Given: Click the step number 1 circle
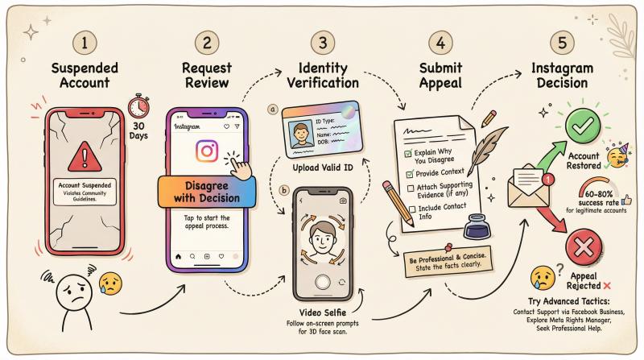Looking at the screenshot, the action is [x=85, y=43].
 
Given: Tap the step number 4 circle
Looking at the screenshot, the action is [x=440, y=43].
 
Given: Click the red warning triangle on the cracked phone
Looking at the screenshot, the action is [x=85, y=156].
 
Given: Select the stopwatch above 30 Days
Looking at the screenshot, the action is [x=138, y=106].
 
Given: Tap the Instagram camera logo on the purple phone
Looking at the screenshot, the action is [x=207, y=151].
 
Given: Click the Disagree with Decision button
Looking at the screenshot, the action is [x=207, y=192].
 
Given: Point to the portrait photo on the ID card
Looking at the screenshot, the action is [x=301, y=134].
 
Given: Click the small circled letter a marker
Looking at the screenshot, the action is [x=273, y=110].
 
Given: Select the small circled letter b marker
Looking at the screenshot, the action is [x=284, y=190].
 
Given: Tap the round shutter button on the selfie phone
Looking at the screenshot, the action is [x=323, y=282].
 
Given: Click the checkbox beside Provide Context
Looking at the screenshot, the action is [x=410, y=174].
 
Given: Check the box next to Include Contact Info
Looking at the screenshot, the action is [x=412, y=209].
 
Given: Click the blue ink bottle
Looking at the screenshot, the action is [x=477, y=226].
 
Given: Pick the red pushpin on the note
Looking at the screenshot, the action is [x=448, y=248].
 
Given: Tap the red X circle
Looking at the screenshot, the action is [x=584, y=247].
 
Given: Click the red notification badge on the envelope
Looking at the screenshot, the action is [x=548, y=180].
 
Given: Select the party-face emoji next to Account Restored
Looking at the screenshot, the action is [x=617, y=155].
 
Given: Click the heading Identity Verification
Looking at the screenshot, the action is [x=323, y=75].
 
